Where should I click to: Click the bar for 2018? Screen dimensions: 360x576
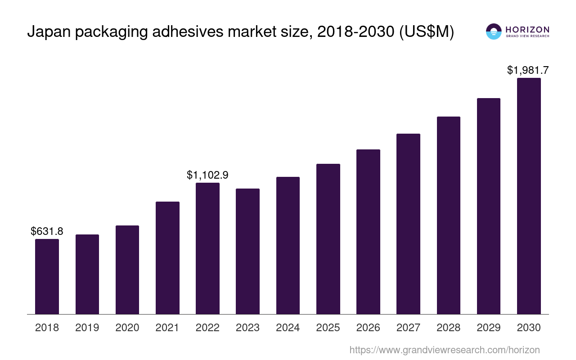(x=47, y=276)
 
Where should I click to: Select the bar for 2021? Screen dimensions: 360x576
(x=167, y=257)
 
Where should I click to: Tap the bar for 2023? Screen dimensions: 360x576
(x=247, y=251)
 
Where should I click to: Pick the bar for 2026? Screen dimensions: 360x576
(x=368, y=231)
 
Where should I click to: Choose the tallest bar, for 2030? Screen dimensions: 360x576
(x=529, y=196)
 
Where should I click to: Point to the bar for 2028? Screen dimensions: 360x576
(x=448, y=215)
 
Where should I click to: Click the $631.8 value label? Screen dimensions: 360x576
(x=47, y=231)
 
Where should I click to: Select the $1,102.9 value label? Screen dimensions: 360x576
(x=207, y=175)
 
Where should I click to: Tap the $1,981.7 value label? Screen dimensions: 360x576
(x=528, y=70)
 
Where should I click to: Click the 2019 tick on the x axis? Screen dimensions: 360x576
(x=87, y=328)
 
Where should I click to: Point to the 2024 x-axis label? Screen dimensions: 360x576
(x=288, y=328)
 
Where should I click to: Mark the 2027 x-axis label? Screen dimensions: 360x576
(x=408, y=328)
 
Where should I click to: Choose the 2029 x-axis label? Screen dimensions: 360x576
(x=488, y=328)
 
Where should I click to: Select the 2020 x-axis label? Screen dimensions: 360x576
(x=127, y=328)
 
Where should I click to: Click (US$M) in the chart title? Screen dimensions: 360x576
(x=427, y=32)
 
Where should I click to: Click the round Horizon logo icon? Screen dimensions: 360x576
(x=494, y=31)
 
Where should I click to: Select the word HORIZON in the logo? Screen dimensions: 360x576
(x=527, y=30)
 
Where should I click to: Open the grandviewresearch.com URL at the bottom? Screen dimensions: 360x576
(x=444, y=350)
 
